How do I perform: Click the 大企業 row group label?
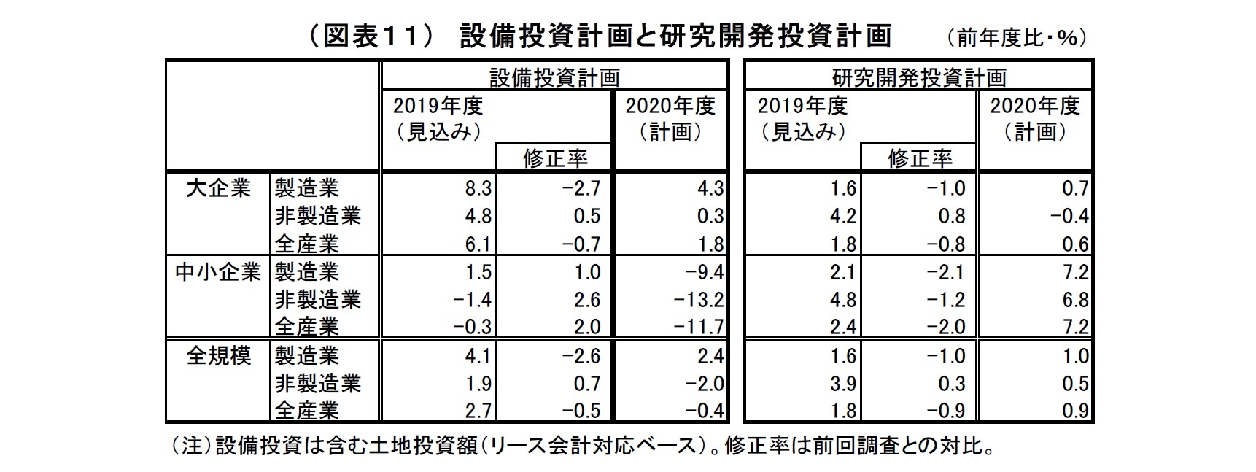click(x=218, y=188)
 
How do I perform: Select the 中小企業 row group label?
click(x=218, y=272)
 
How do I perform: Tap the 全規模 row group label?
click(x=218, y=356)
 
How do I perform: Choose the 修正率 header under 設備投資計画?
click(x=555, y=158)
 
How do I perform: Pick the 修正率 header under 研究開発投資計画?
click(x=920, y=158)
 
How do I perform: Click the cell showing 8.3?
click(x=478, y=189)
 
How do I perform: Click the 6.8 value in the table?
click(x=1075, y=300)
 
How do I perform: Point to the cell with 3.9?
click(x=842, y=384)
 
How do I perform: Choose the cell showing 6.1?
click(x=478, y=244)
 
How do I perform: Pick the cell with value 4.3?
click(x=710, y=189)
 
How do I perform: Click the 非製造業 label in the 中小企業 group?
click(x=318, y=300)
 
